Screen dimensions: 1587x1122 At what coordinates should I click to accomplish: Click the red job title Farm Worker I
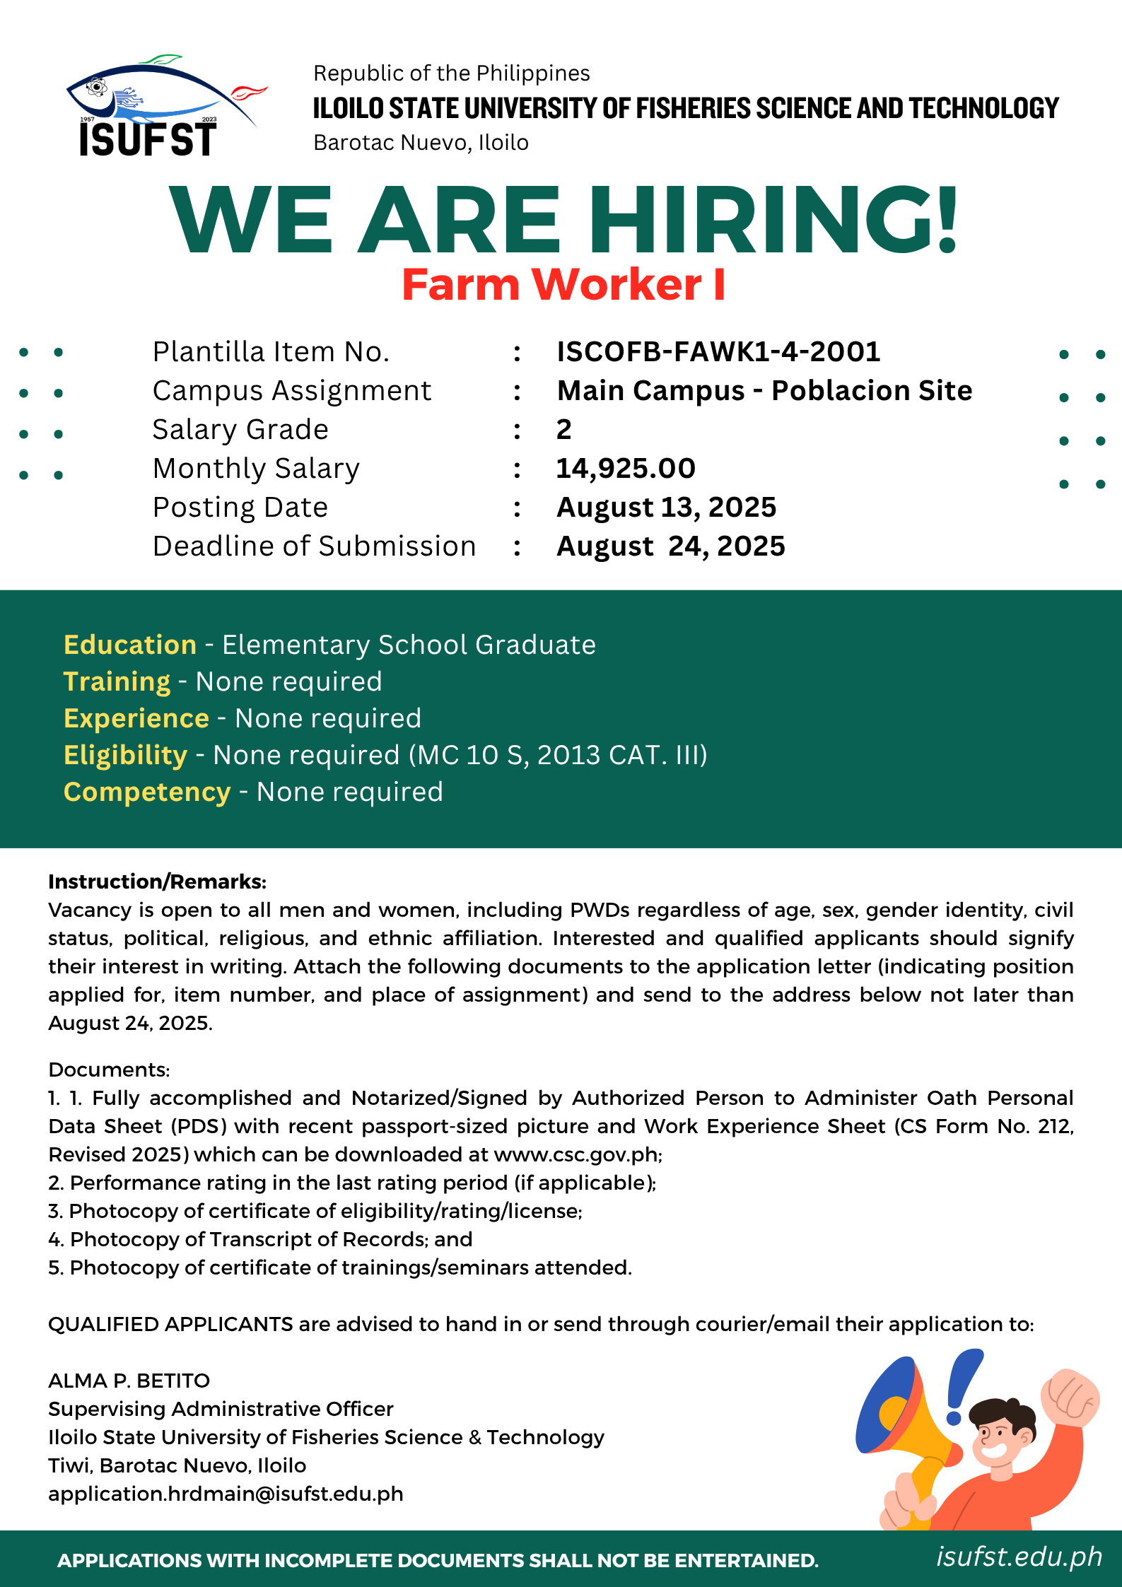563,285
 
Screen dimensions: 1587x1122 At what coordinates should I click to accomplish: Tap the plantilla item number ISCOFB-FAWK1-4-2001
718,351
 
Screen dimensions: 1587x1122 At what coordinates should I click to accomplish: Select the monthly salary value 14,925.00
626,468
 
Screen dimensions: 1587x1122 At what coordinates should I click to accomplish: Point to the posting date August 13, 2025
666,507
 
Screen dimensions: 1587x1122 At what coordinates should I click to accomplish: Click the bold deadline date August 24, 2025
670,546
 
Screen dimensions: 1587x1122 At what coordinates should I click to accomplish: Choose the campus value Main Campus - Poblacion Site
764,390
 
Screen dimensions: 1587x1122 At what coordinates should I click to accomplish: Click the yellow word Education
130,645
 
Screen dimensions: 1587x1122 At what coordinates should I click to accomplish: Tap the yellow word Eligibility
125,755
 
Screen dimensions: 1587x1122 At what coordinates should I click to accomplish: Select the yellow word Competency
147,792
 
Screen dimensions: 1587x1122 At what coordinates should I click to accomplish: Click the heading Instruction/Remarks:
157,882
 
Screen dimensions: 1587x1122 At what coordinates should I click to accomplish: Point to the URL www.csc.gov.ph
577,1154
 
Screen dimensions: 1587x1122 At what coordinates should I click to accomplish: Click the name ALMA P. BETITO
129,1381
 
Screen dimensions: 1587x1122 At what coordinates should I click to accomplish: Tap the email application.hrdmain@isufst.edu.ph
226,1494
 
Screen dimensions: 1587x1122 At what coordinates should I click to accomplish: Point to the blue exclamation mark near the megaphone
962,1386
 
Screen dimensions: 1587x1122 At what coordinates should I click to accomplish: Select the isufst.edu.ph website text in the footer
1019,1557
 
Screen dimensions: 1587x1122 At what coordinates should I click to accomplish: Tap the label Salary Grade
240,429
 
